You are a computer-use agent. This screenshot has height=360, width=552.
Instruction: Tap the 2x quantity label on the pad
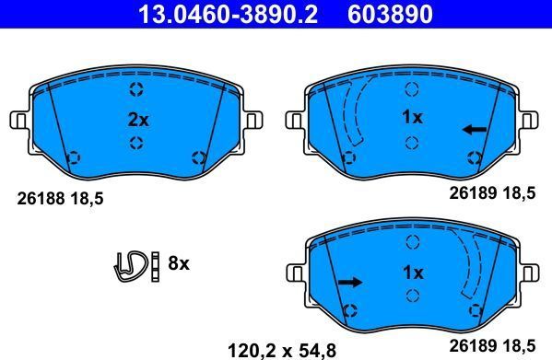136,119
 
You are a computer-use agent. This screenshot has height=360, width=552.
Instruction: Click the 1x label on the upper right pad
412,118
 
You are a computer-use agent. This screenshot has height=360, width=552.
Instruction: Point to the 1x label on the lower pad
412,273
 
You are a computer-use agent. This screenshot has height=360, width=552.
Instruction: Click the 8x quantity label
178,264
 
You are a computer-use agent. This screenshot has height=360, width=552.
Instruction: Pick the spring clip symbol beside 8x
132,264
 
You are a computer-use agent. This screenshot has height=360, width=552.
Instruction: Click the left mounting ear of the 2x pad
18,120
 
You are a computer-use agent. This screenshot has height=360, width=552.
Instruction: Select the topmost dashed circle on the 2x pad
136,89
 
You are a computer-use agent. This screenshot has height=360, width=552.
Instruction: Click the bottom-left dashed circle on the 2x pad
75,157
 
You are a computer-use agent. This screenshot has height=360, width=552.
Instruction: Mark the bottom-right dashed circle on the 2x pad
197,157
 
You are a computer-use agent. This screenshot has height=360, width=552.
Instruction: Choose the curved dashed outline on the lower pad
476,267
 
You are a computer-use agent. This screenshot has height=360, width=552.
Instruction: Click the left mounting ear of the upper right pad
295,120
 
